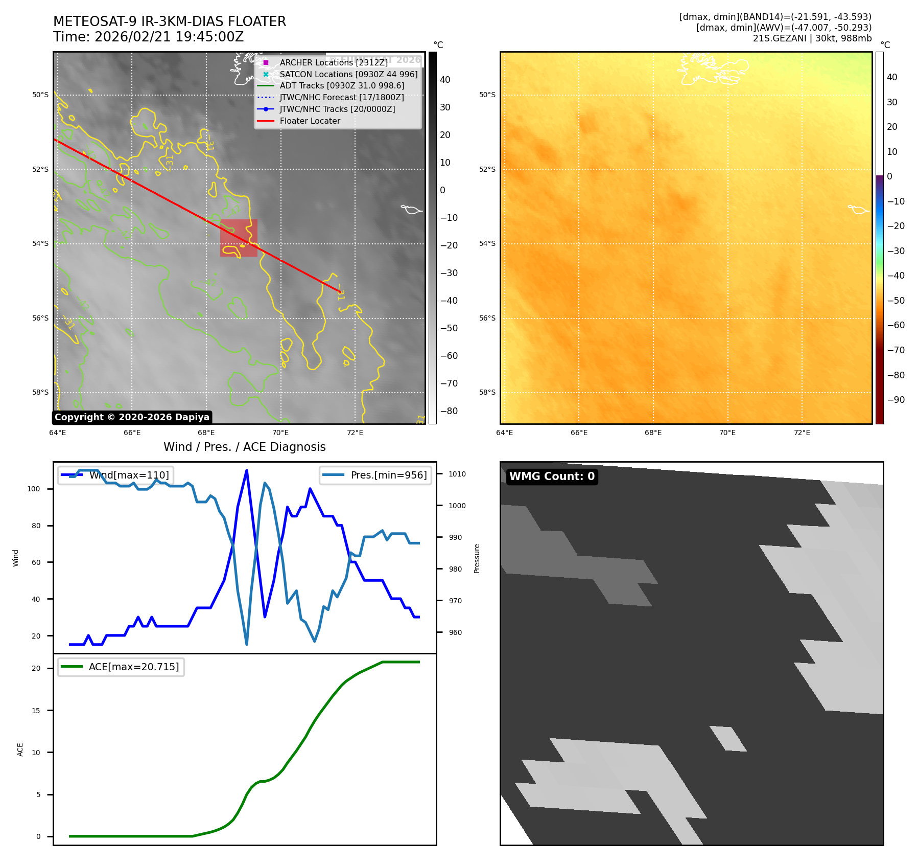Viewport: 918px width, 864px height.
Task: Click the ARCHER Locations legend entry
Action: (334, 62)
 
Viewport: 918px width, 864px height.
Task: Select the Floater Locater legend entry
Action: (310, 121)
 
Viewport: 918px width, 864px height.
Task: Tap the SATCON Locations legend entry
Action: (348, 74)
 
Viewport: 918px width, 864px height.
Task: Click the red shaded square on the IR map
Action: (239, 238)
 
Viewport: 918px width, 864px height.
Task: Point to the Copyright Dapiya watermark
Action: (132, 417)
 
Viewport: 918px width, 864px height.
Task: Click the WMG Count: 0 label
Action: (552, 476)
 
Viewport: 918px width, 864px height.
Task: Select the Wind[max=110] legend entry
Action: (129, 475)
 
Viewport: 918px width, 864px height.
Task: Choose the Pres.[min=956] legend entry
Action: (388, 475)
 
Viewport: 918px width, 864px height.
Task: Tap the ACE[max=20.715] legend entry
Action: (134, 667)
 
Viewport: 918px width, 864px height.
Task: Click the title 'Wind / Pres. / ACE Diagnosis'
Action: (244, 447)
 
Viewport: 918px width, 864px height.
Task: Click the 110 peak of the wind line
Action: (247, 470)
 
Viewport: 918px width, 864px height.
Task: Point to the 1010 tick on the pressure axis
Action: (457, 474)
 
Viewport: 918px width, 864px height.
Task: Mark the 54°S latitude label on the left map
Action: (40, 243)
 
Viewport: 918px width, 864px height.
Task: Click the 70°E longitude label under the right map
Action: (727, 433)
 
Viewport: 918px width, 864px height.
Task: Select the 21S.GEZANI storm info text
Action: (812, 38)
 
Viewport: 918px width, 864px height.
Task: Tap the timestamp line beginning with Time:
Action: (148, 37)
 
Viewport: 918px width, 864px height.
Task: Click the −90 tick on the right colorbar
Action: (896, 400)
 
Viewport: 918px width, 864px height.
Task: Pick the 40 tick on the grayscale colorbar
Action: (445, 80)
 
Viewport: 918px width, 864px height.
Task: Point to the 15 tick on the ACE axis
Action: (36, 711)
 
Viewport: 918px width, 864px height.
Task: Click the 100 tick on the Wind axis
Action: (34, 489)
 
